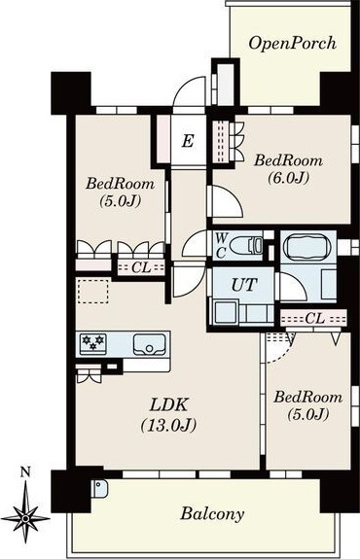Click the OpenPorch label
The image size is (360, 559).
[x=292, y=44]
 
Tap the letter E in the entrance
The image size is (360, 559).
[x=188, y=141]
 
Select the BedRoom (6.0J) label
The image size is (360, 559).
[x=288, y=169]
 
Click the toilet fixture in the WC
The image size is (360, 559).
[x=246, y=245]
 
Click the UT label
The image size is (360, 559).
[x=244, y=285]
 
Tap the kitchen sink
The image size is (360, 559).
[x=150, y=344]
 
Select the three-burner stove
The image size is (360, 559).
[x=92, y=343]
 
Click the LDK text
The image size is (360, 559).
[x=168, y=404]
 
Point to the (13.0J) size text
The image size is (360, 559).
[x=168, y=425]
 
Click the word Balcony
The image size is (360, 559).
[x=212, y=514]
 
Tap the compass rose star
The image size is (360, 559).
[x=25, y=518]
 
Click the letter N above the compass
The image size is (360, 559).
[x=25, y=472]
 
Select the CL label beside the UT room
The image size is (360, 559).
[x=314, y=318]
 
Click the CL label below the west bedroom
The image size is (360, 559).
[x=141, y=267]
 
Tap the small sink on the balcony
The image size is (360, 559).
[x=99, y=488]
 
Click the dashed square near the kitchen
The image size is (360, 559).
[x=93, y=291]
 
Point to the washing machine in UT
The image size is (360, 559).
[x=225, y=313]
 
